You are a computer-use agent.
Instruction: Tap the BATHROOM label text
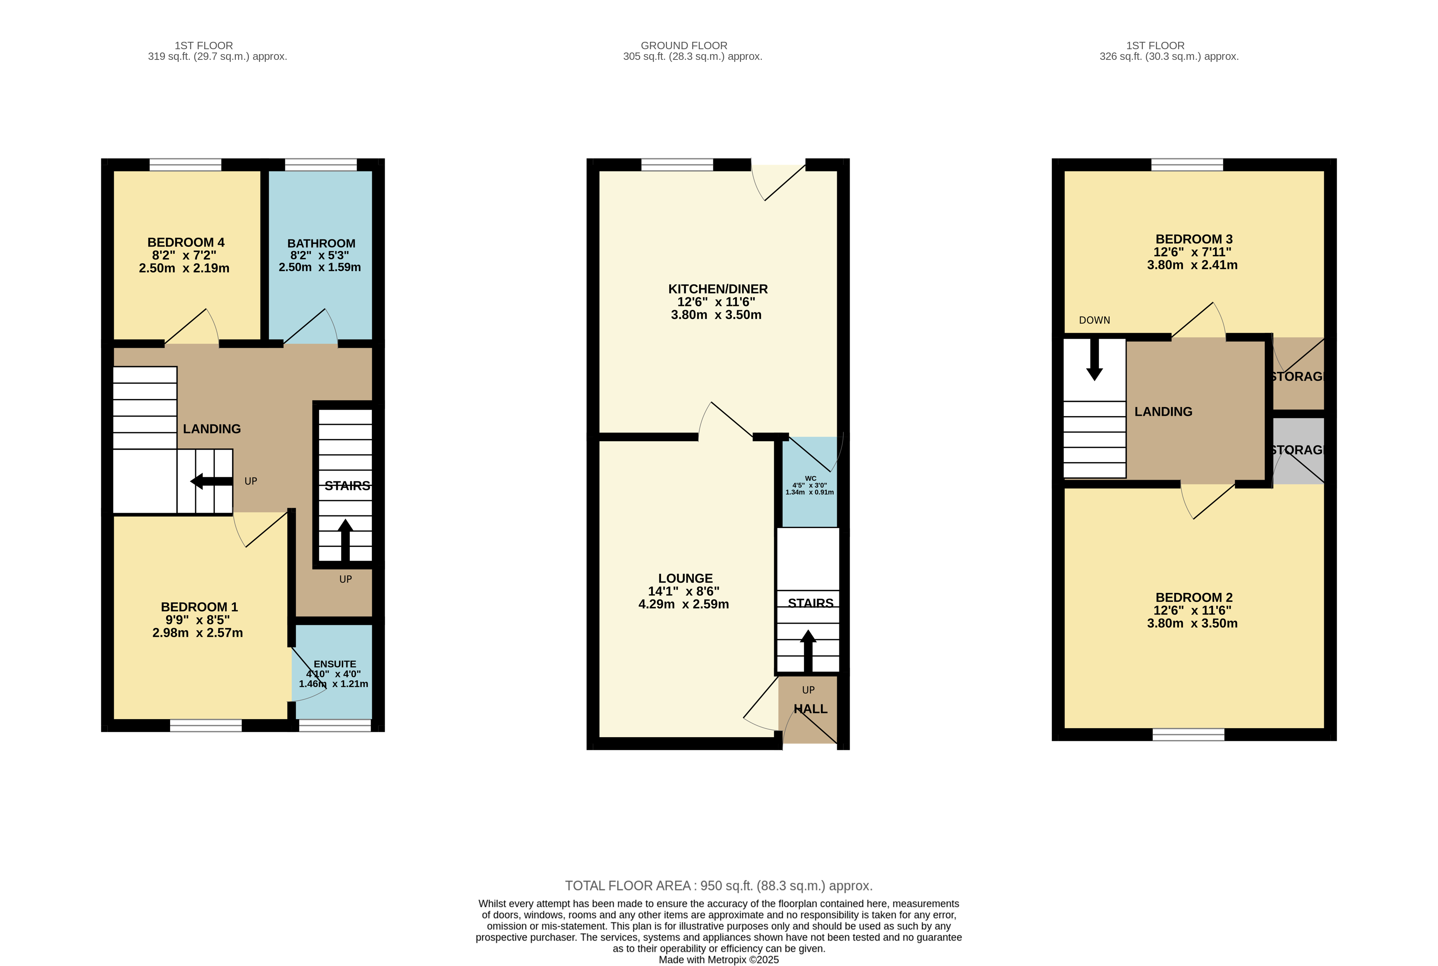321,244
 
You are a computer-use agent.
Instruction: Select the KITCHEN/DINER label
718,289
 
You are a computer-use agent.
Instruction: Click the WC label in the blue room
810,478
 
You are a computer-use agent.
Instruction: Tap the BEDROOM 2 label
1193,597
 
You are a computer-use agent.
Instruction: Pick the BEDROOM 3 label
1193,239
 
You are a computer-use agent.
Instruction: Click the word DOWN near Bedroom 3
1094,320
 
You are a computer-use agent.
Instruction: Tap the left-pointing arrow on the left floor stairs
211,481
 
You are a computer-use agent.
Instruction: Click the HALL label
810,709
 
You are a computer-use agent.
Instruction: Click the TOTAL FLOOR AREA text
718,886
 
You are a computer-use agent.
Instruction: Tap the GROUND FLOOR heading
684,46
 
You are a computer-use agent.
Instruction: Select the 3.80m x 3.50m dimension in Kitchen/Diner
716,315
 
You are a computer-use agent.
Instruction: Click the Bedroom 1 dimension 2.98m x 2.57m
197,633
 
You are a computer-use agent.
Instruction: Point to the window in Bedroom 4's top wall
185,164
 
